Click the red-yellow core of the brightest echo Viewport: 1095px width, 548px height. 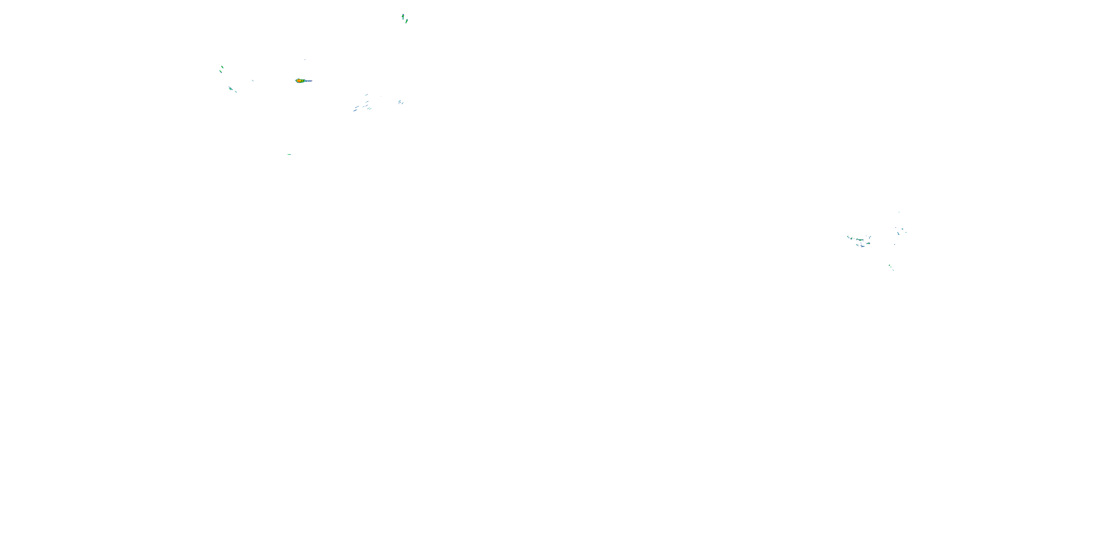[x=299, y=80]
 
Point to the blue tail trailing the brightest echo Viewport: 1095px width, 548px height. [x=308, y=80]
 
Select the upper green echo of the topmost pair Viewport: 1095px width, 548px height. [x=403, y=16]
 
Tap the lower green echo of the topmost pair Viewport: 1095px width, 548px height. [x=406, y=21]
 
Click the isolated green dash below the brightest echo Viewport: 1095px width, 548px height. [x=289, y=154]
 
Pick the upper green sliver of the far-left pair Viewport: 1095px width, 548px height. [x=222, y=67]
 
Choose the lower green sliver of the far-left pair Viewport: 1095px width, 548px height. [x=220, y=71]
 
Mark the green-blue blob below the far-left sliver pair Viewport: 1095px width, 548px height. [x=230, y=88]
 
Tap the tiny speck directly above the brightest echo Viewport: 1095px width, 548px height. [x=305, y=60]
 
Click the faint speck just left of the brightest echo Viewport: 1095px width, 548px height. [x=253, y=80]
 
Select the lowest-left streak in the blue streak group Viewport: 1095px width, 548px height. [x=354, y=111]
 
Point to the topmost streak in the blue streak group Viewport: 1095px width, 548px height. [x=366, y=95]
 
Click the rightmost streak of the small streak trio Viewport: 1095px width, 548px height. [x=403, y=103]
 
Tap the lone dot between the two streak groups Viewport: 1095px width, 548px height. [x=381, y=96]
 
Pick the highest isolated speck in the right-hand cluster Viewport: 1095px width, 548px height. [x=899, y=212]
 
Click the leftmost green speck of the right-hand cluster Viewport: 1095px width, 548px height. [x=848, y=237]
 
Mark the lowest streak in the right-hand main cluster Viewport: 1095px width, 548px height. [x=862, y=246]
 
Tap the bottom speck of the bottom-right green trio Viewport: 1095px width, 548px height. [x=893, y=270]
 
